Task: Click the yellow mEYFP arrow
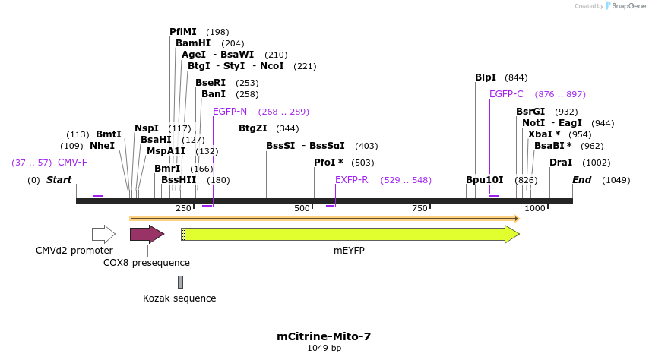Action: point(350,234)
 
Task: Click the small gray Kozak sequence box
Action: point(180,282)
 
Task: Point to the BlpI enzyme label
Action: point(485,77)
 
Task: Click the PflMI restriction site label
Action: point(182,32)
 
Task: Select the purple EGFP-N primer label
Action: point(230,112)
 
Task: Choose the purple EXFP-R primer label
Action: point(351,180)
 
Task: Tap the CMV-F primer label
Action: point(72,163)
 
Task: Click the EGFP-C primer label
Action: point(506,94)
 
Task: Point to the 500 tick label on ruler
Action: point(302,209)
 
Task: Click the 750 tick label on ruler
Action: point(419,209)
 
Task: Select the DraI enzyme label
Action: point(561,163)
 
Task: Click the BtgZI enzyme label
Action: point(253,128)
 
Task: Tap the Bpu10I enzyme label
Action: point(485,180)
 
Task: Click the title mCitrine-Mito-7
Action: point(324,336)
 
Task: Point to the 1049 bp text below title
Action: point(324,349)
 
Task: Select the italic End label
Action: point(581,180)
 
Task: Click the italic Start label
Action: point(59,180)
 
